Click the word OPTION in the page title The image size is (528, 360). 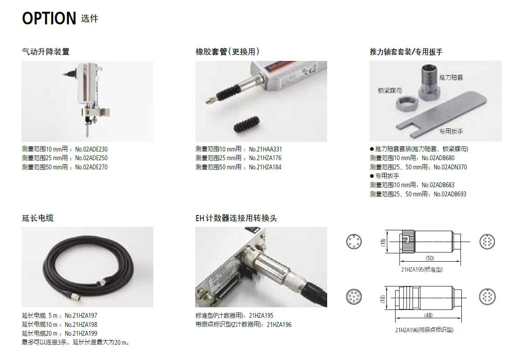tap(49, 18)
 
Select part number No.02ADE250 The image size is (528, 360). tap(91, 158)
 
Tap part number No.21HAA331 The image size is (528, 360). tap(265, 149)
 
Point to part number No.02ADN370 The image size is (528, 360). tap(450, 167)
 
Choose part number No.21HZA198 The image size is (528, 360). tap(81, 325)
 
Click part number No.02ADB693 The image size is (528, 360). tap(450, 194)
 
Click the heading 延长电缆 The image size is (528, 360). tap(38, 218)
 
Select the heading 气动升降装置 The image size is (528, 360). tap(46, 52)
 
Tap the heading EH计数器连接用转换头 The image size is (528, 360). tap(236, 218)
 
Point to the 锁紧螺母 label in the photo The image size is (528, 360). tap(390, 91)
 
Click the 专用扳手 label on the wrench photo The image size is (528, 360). tap(451, 131)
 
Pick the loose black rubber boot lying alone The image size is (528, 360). tap(247, 124)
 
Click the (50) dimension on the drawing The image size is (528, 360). tap(430, 258)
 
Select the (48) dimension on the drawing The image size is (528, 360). tap(428, 315)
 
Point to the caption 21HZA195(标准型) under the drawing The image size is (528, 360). tap(422, 269)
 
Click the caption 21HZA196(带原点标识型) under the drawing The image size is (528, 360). tap(424, 330)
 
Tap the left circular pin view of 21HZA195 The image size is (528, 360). tap(354, 242)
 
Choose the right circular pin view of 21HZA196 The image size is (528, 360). tap(487, 296)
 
